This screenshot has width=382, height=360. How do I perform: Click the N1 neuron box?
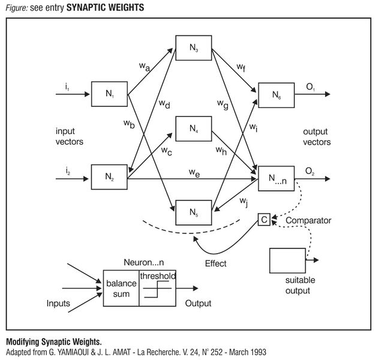click(109, 94)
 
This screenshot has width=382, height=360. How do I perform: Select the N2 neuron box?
click(109, 176)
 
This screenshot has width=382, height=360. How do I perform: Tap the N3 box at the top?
click(193, 47)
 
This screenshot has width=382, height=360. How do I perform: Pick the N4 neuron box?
click(193, 128)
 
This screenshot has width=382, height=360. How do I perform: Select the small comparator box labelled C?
click(264, 220)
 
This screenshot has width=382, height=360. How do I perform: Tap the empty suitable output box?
click(287, 259)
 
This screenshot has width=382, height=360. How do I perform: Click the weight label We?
click(194, 173)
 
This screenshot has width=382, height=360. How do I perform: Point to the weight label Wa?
click(145, 67)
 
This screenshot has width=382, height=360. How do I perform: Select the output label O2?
click(309, 172)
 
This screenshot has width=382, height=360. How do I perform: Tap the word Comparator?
click(308, 220)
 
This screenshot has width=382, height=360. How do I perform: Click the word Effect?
click(215, 263)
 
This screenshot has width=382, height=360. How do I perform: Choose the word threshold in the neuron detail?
click(158, 275)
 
